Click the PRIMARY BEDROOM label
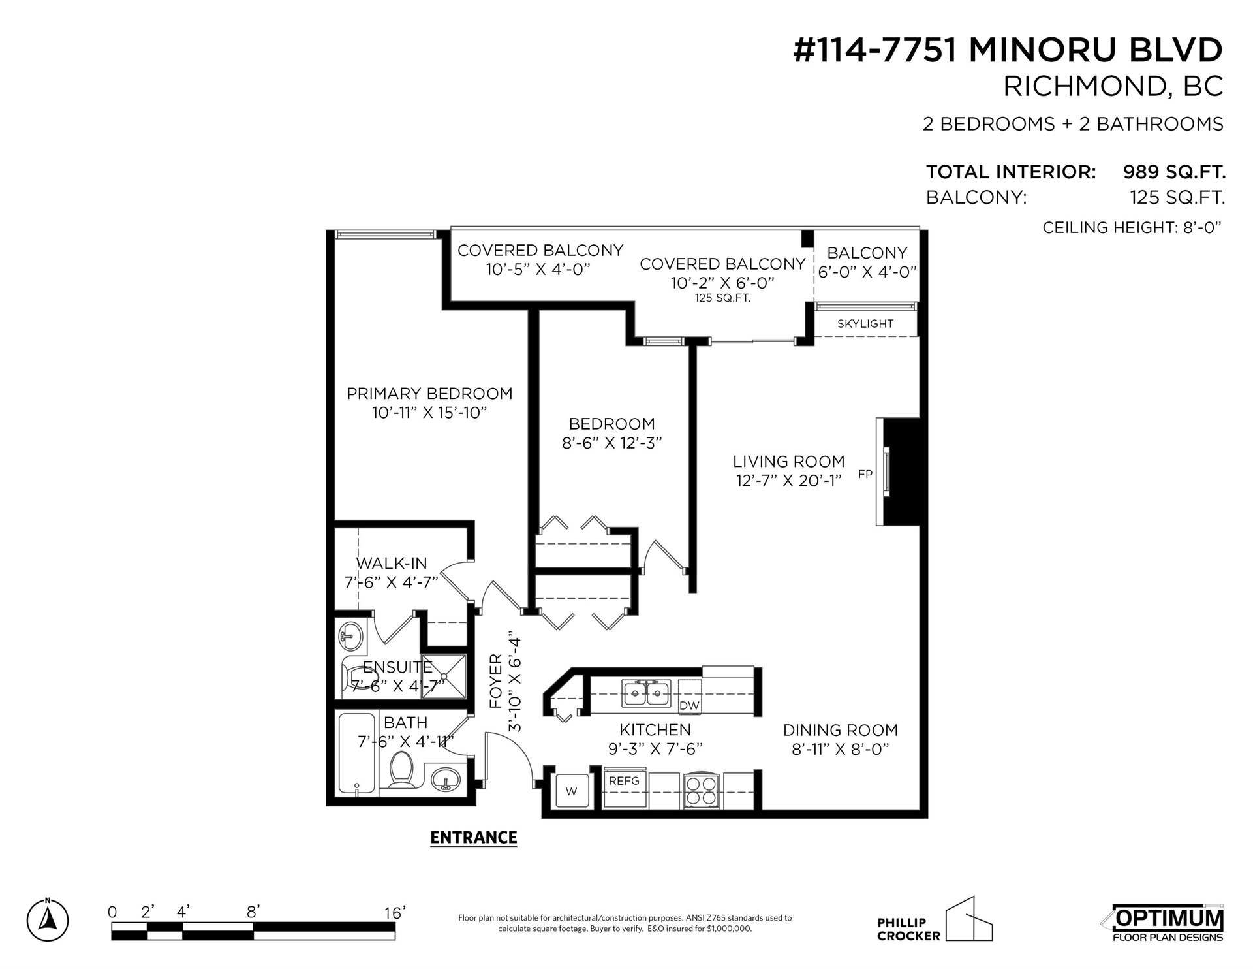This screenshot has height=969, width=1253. point(429,394)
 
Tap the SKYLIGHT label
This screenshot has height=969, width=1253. point(865,324)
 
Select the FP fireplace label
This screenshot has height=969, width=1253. point(865,475)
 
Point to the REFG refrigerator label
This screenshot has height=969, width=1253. point(625,780)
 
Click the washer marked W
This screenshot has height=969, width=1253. point(572,791)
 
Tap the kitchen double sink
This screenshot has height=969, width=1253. point(647,693)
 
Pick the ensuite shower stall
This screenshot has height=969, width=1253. point(444,675)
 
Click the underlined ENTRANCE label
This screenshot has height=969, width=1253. point(474,837)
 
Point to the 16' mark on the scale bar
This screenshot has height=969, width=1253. point(395,912)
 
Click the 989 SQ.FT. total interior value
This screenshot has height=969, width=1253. point(1173,172)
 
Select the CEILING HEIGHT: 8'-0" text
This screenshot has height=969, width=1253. point(1132,228)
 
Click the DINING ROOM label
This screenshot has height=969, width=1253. point(841,730)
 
